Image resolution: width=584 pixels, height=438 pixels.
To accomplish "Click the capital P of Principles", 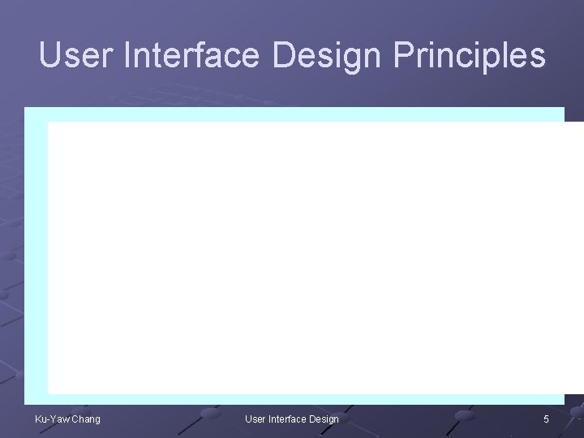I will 403,56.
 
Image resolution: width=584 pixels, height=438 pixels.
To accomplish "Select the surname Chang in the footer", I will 86,419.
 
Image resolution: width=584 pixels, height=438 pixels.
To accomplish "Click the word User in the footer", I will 255,419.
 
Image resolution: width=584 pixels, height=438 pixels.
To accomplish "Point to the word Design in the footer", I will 324,419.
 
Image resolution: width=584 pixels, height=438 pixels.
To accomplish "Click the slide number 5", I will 546,419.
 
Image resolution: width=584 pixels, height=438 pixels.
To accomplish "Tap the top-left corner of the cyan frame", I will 25,108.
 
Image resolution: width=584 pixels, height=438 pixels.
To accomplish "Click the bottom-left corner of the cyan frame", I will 25,403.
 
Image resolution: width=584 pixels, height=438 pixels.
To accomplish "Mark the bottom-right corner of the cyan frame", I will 563,403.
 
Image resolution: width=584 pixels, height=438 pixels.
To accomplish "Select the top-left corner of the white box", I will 49,122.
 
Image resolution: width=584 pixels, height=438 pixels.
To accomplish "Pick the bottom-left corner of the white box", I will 49,393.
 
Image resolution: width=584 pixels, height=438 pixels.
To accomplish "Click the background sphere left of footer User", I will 213,414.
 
